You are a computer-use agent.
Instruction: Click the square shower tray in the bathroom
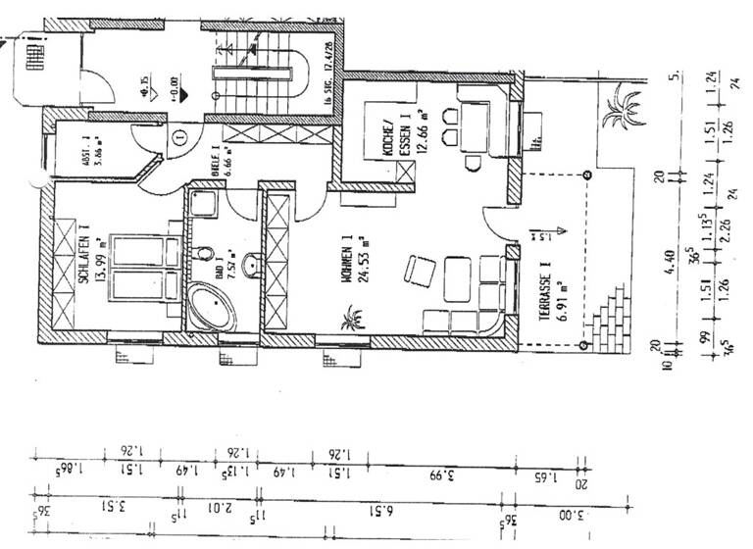tap(204, 206)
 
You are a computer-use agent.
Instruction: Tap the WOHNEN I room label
tap(346, 260)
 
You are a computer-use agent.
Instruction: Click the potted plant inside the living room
tap(351, 320)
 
